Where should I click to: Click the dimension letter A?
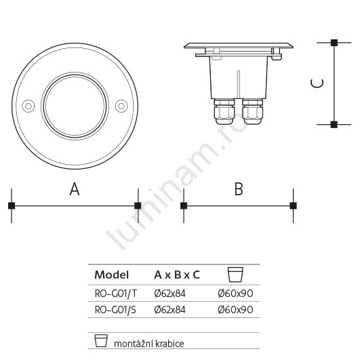click(75, 189)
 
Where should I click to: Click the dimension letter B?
click(239, 189)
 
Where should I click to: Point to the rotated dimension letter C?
click(317, 83)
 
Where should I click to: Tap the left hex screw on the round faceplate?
click(28, 106)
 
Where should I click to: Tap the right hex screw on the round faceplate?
click(121, 106)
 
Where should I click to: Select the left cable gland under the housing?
click(224, 112)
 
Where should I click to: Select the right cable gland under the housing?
click(252, 112)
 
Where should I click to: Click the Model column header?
click(112, 275)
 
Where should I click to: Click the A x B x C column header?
click(177, 275)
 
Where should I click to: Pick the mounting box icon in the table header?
click(235, 275)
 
